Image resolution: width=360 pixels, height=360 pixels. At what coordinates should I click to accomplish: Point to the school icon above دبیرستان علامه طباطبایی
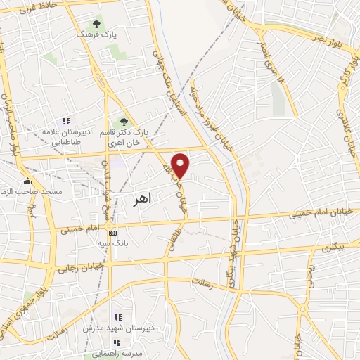(67, 122)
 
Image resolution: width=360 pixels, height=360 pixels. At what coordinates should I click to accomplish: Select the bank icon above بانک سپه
(112, 233)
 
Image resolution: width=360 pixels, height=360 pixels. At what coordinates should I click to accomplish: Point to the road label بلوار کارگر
(349, 74)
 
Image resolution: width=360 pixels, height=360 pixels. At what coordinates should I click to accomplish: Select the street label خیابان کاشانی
(346, 134)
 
